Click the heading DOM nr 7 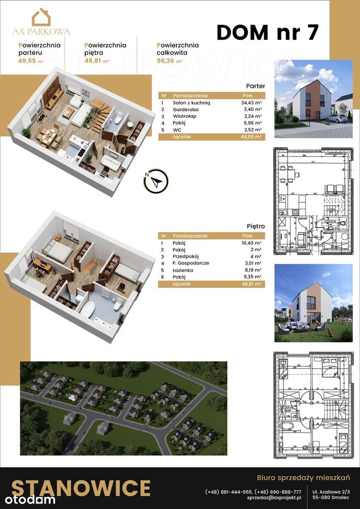point(268,32)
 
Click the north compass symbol point(156,180)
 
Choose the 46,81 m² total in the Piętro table point(251,284)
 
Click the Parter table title point(255,86)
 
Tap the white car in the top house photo point(337,118)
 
